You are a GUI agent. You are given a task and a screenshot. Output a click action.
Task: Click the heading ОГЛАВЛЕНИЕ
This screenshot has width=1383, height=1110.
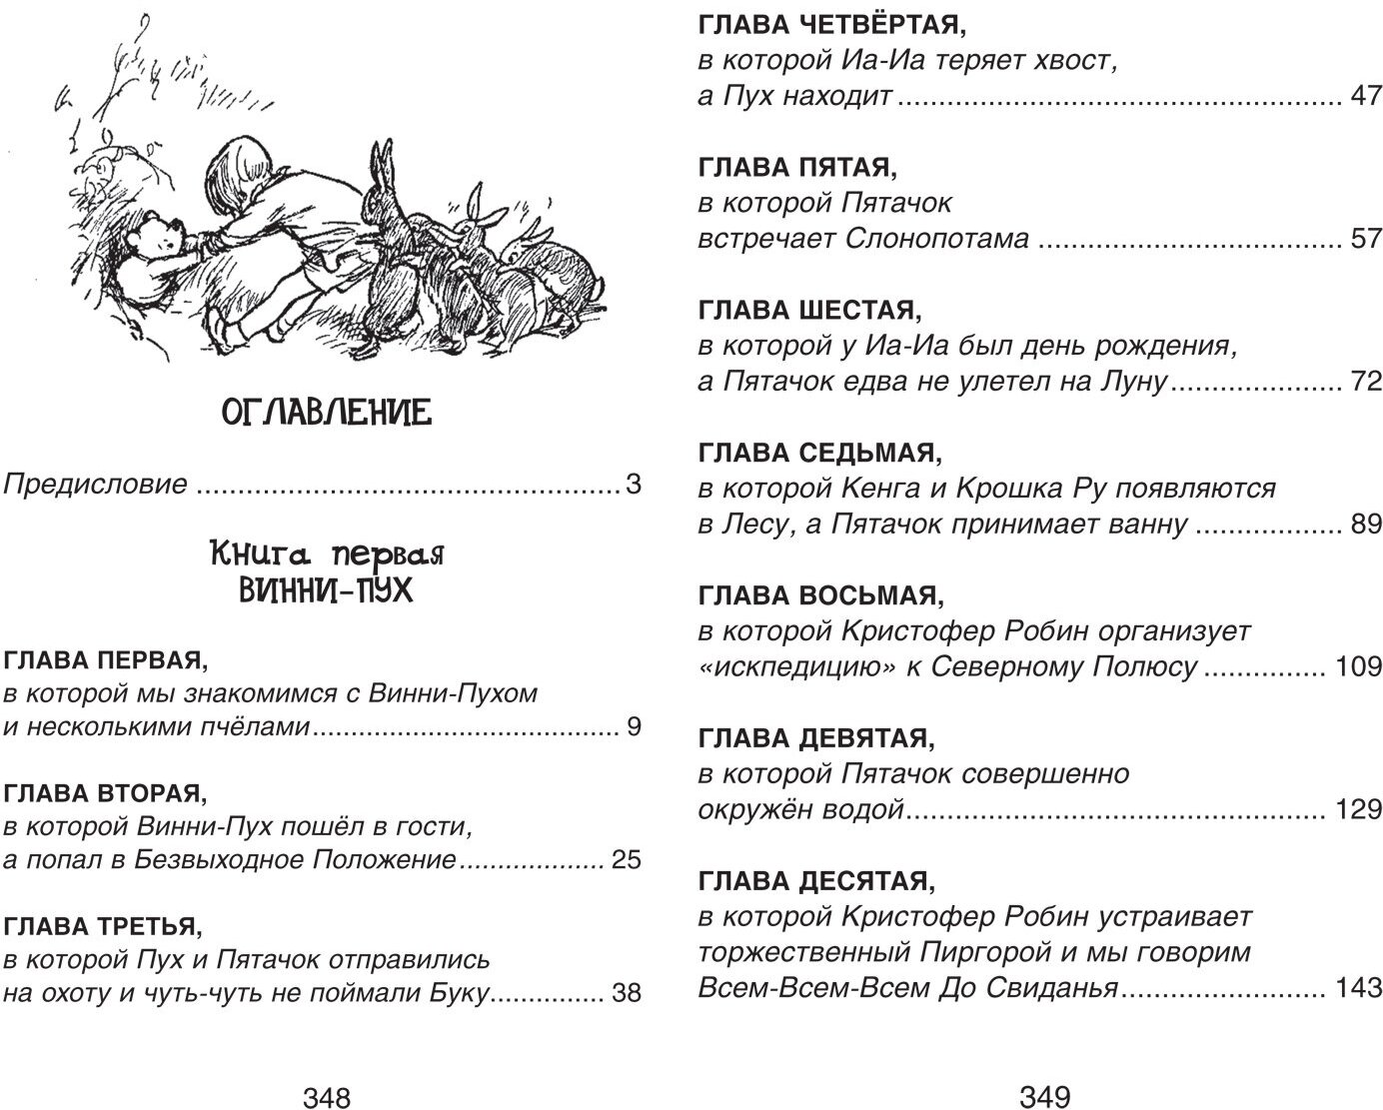pyautogui.click(x=325, y=411)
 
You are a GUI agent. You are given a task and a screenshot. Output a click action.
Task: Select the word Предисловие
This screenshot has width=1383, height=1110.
pyautogui.click(x=96, y=486)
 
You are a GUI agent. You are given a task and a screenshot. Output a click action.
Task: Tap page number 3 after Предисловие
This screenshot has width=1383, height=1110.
pyautogui.click(x=632, y=486)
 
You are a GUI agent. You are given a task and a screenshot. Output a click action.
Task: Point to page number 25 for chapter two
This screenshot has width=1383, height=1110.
pyautogui.click(x=625, y=859)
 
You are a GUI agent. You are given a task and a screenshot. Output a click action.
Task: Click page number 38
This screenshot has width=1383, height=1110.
pyautogui.click(x=625, y=994)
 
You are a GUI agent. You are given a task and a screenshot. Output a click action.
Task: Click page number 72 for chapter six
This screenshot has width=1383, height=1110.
pyautogui.click(x=1365, y=382)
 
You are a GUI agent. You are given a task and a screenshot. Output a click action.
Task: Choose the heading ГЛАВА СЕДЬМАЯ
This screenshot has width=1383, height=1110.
pyautogui.click(x=819, y=454)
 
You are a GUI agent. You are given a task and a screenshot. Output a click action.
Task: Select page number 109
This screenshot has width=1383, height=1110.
pyautogui.click(x=1358, y=667)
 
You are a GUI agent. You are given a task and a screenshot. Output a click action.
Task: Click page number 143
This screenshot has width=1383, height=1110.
pyautogui.click(x=1358, y=989)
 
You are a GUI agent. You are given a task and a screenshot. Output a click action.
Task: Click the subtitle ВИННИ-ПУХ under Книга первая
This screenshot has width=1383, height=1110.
pyautogui.click(x=325, y=590)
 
